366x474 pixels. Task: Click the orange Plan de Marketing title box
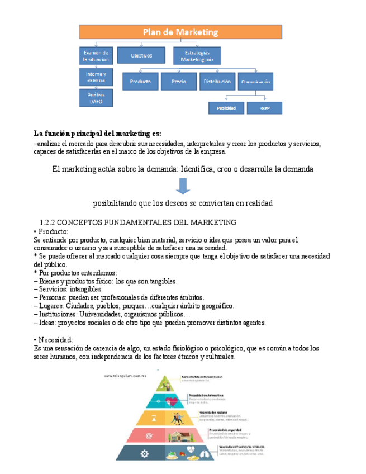[180, 32]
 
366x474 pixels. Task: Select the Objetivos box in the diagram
[141, 55]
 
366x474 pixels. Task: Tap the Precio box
[179, 82]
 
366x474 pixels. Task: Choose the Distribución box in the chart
[216, 82]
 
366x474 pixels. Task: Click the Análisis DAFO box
[97, 98]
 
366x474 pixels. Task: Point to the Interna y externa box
[97, 77]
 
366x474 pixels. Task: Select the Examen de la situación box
[97, 55]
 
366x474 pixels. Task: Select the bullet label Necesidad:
[53, 340]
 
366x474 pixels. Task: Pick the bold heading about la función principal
[97, 134]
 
